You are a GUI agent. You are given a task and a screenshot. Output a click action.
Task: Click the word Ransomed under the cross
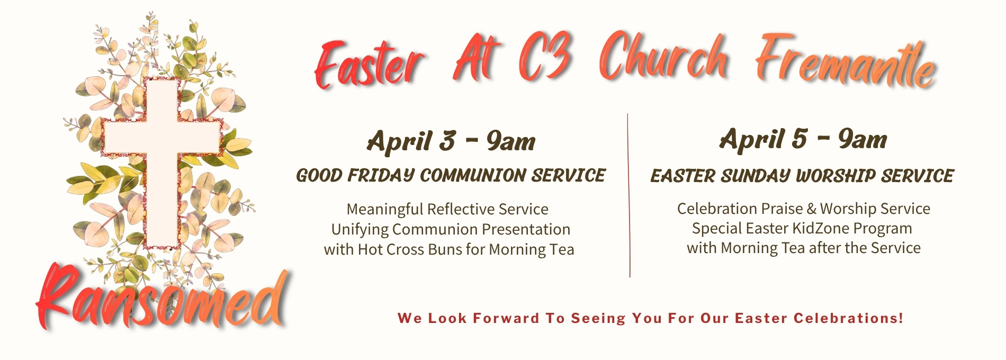[x=161, y=299]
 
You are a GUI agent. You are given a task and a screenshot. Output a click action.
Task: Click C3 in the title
[x=546, y=57]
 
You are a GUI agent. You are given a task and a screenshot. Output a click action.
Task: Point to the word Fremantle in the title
[x=846, y=61]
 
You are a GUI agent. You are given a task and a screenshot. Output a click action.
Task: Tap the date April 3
[x=411, y=141]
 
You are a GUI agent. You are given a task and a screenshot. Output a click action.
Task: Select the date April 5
[x=763, y=139]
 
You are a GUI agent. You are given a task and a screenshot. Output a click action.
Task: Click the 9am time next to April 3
[x=510, y=141]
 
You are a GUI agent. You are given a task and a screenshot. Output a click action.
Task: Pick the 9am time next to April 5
[x=863, y=139]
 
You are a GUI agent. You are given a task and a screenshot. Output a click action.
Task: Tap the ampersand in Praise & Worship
[x=811, y=209]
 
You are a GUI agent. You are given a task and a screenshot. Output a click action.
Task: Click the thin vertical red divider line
[x=628, y=195]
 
